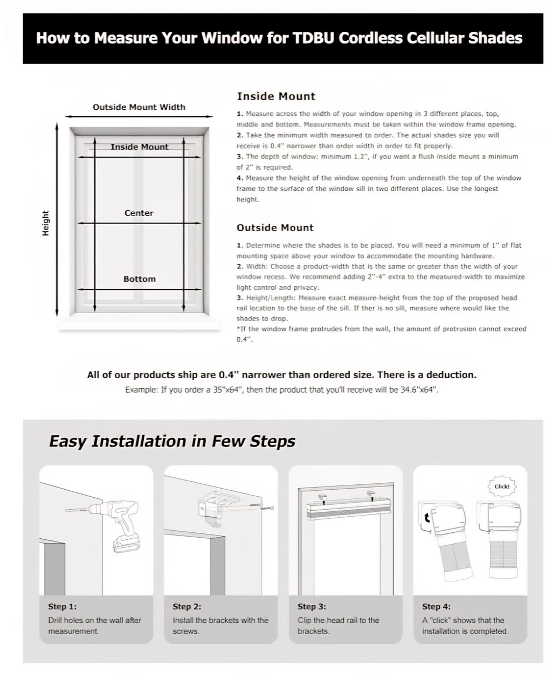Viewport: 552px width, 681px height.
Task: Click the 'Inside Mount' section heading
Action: (276, 96)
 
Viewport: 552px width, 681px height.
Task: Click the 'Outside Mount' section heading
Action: (275, 228)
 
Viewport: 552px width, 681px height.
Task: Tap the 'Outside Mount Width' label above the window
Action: (139, 107)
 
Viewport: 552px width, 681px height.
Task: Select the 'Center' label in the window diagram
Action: (139, 213)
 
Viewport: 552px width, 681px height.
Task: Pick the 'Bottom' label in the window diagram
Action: (140, 279)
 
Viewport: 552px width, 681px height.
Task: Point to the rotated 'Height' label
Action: (46, 223)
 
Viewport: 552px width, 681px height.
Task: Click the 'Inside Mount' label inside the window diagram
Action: (140, 147)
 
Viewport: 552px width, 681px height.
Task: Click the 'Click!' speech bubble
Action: (501, 487)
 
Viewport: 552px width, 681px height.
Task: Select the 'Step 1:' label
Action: (63, 607)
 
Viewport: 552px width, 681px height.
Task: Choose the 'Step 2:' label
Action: (187, 607)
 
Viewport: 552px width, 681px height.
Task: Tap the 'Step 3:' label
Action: (312, 607)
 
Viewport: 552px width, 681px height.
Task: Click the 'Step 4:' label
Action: (437, 607)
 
